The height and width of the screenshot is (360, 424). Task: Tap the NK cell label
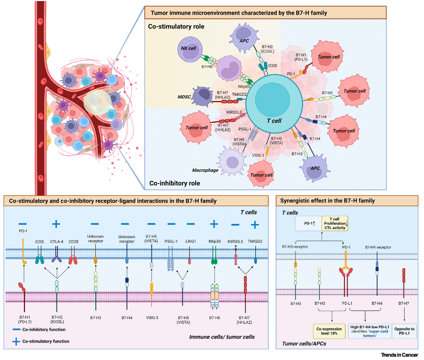click(188, 49)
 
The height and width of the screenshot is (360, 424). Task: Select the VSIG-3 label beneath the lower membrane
click(151, 318)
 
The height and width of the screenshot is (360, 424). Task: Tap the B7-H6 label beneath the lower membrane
click(215, 318)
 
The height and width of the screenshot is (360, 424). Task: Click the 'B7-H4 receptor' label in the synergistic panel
click(378, 247)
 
